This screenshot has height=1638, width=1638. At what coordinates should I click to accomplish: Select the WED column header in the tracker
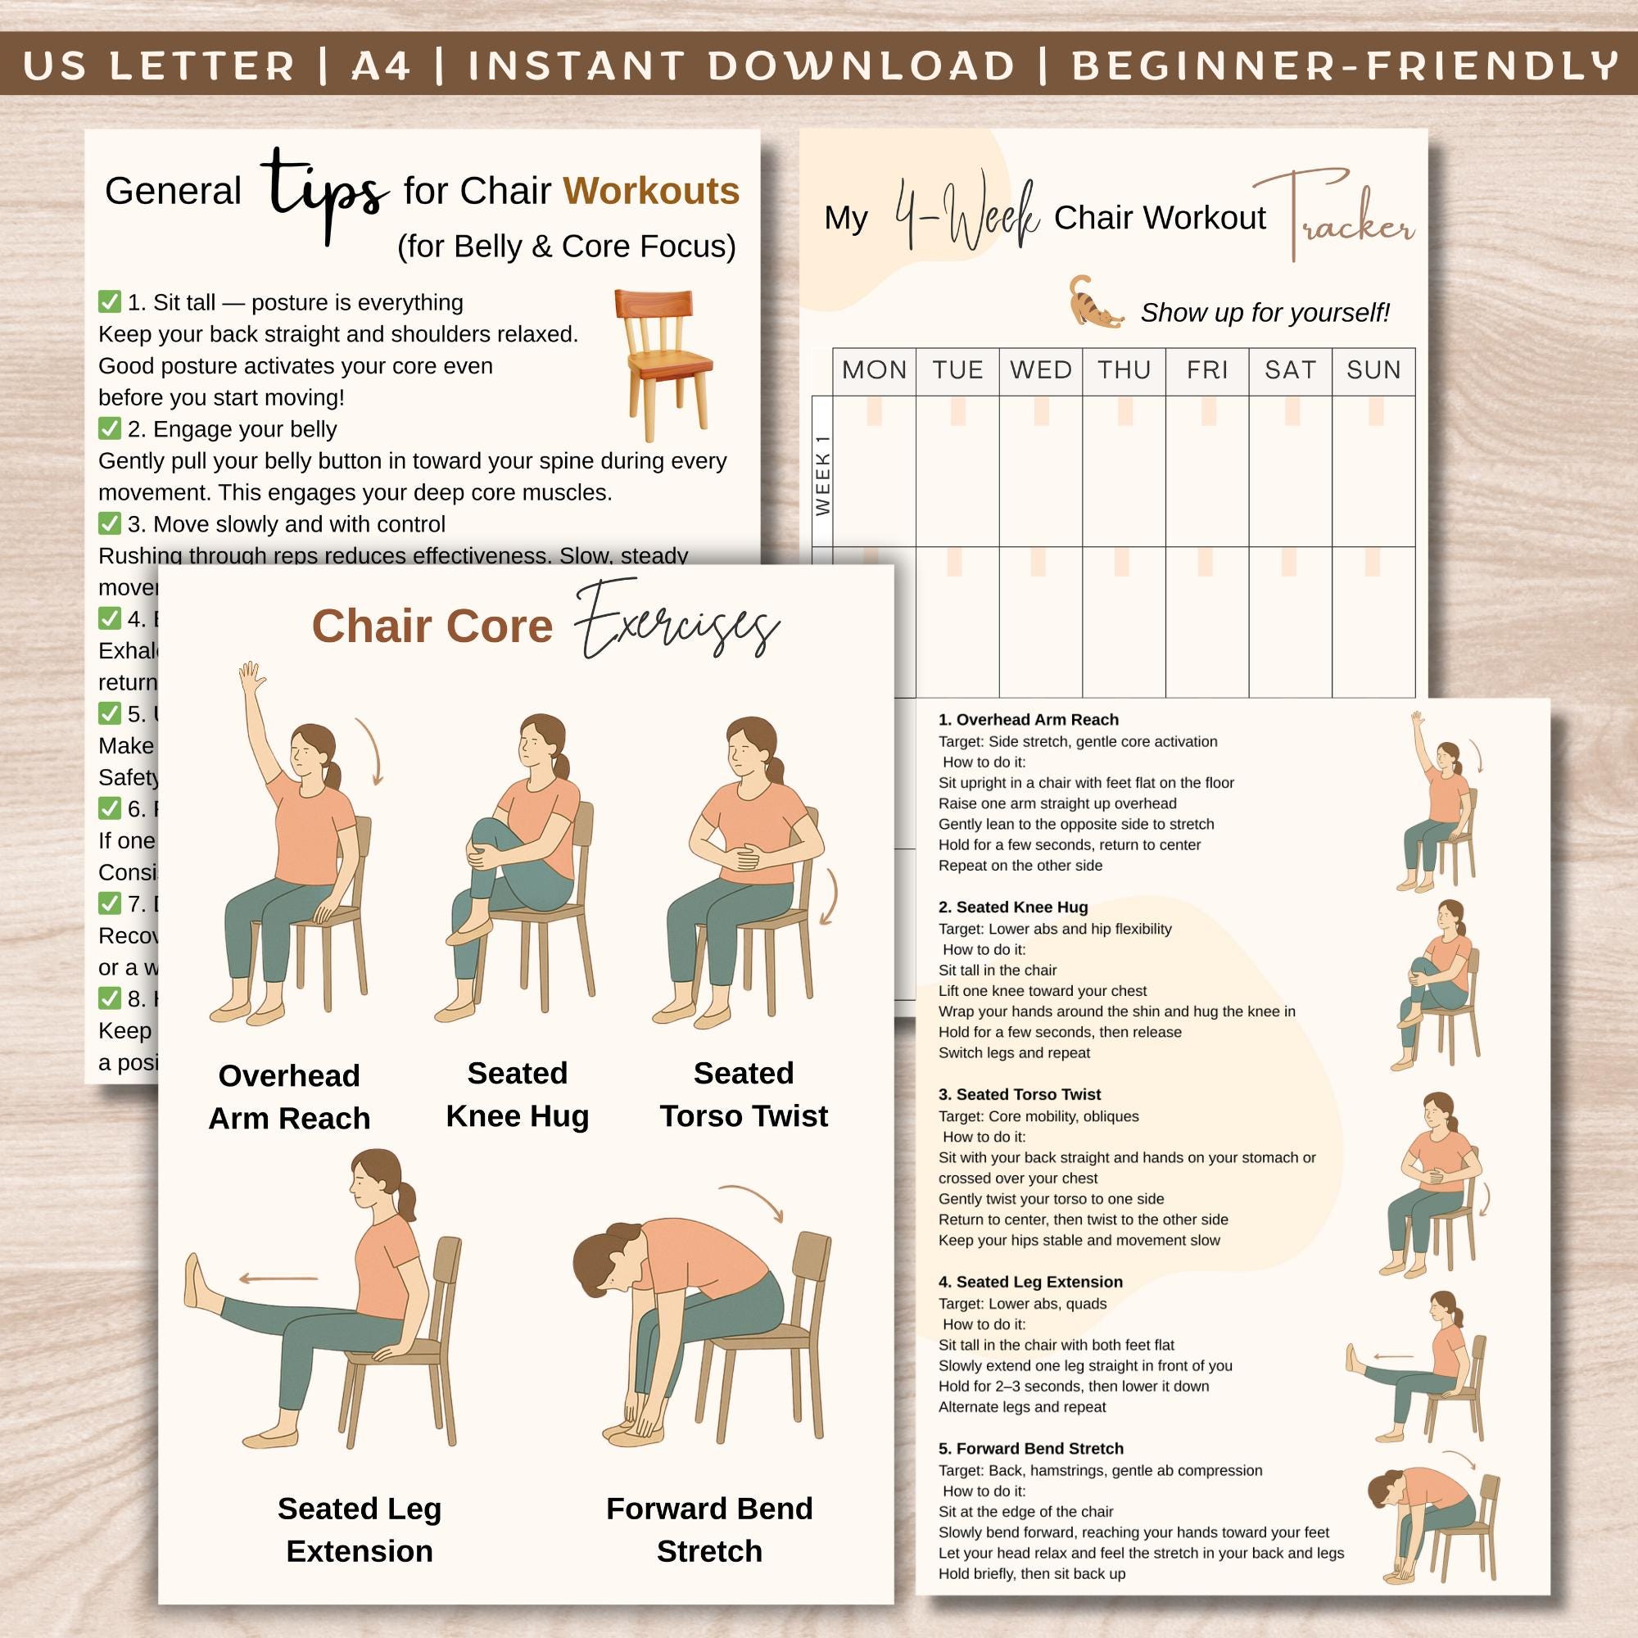(1040, 369)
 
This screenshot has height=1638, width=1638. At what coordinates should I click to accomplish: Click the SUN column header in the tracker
(1373, 369)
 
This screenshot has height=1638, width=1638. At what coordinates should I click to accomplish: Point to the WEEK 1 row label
(822, 475)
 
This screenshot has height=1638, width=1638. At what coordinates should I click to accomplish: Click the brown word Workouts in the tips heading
(651, 192)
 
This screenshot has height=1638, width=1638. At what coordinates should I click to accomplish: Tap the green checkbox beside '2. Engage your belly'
(110, 428)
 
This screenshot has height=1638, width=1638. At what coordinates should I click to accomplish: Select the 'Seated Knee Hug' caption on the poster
(517, 1094)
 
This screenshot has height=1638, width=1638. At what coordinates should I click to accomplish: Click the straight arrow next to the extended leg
(278, 1278)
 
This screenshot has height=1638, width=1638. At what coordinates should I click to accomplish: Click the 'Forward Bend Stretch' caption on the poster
(708, 1529)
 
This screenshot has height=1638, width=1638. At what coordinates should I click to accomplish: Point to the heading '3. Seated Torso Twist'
(1019, 1094)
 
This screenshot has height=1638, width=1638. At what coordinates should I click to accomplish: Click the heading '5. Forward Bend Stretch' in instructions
(1030, 1449)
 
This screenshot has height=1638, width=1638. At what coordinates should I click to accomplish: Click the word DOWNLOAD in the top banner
(861, 66)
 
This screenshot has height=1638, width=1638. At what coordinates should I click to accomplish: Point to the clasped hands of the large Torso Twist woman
(746, 857)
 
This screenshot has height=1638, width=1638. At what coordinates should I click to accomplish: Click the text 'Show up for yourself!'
(1264, 313)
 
